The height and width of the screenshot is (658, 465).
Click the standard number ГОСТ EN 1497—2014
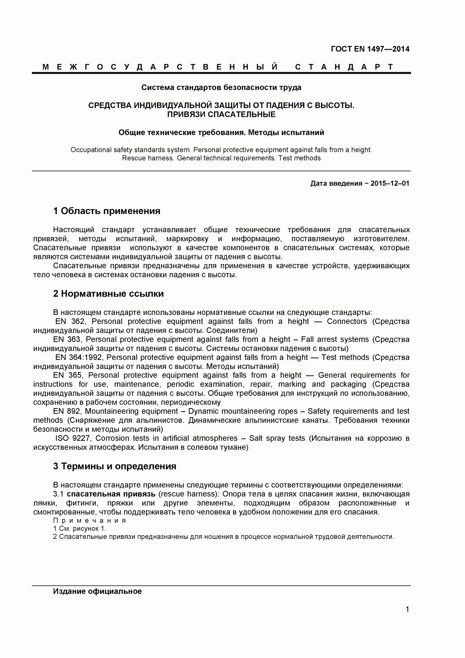pyautogui.click(x=370, y=49)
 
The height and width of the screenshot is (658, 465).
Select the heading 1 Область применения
pyautogui.click(x=107, y=211)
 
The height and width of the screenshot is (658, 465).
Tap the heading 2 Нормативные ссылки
pyautogui.click(x=109, y=294)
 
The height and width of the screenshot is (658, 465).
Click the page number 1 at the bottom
pyautogui.click(x=407, y=609)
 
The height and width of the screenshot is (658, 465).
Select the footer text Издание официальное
pyautogui.click(x=97, y=591)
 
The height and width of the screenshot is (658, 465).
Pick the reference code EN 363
pyautogui.click(x=67, y=339)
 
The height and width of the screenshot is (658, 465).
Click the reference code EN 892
pyautogui.click(x=67, y=411)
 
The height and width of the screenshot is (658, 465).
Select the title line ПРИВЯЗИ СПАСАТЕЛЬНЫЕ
pyautogui.click(x=221, y=114)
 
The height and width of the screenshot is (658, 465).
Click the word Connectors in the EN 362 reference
pyautogui.click(x=346, y=321)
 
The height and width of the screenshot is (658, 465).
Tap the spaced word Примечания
pyautogui.click(x=89, y=521)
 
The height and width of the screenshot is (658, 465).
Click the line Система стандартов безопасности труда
pyautogui.click(x=221, y=87)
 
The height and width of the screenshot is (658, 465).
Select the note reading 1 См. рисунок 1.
pyautogui.click(x=79, y=528)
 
